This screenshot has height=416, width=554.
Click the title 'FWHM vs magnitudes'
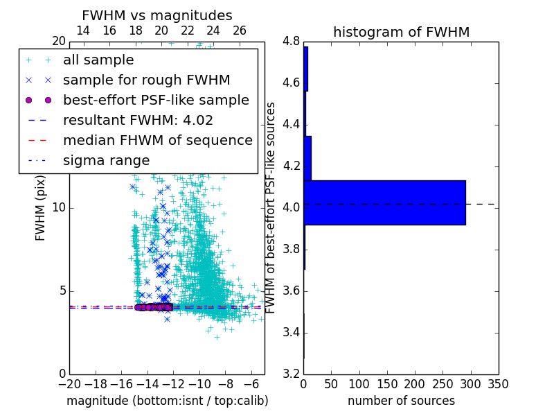pos(157,15)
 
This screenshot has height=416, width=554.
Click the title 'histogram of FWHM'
pos(401,32)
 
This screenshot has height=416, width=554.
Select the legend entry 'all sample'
pos(98,60)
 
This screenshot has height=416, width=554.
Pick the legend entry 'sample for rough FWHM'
pos(146,80)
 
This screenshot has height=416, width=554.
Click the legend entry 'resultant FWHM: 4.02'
pos(138,120)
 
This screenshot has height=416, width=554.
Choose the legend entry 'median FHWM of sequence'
pos(157,140)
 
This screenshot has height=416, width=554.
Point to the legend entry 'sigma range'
pos(106,160)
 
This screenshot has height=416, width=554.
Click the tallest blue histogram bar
pos(384,202)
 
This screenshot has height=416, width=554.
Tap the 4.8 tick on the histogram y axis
pos(292,41)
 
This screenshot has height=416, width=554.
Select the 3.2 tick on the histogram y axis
pos(292,374)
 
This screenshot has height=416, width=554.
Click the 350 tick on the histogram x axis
pos(498,384)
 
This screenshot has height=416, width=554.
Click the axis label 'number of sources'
pos(401,401)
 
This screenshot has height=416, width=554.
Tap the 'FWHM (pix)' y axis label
pos(41,207)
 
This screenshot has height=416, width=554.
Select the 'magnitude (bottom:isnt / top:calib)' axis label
pos(167,401)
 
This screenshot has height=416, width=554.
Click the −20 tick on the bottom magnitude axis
pos(69,384)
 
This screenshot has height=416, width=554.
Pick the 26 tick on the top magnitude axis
pos(239,31)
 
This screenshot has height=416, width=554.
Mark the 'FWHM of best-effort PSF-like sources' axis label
pos(271,207)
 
